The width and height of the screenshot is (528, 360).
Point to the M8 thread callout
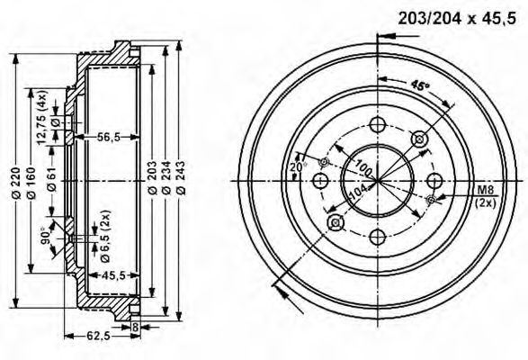tap(486, 189)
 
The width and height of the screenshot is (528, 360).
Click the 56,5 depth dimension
tap(110, 136)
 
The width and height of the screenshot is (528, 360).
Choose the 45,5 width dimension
tap(112, 274)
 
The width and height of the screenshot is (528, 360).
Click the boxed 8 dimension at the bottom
tap(134, 328)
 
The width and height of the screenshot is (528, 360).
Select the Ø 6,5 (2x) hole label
tap(106, 231)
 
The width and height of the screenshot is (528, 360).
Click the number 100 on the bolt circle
tap(364, 166)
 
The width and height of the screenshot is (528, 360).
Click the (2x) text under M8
tap(486, 202)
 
